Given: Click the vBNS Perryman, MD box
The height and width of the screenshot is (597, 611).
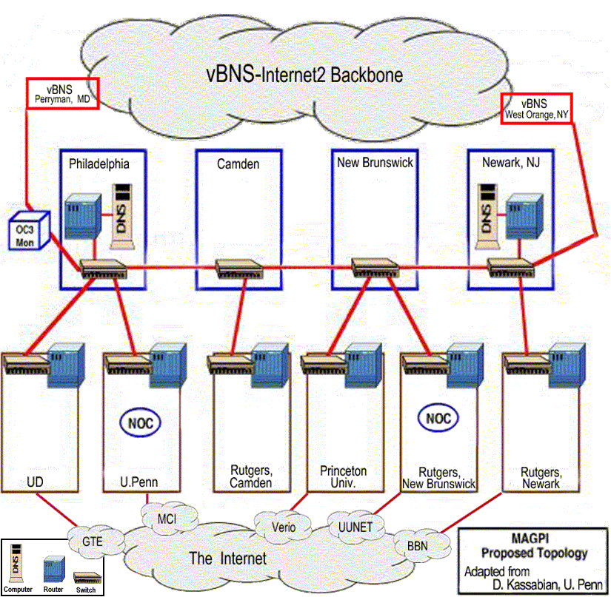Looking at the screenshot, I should click(62, 93).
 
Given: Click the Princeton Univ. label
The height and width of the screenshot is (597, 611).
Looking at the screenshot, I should click(343, 476).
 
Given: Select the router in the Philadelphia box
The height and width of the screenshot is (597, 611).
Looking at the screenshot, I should click(80, 216).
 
